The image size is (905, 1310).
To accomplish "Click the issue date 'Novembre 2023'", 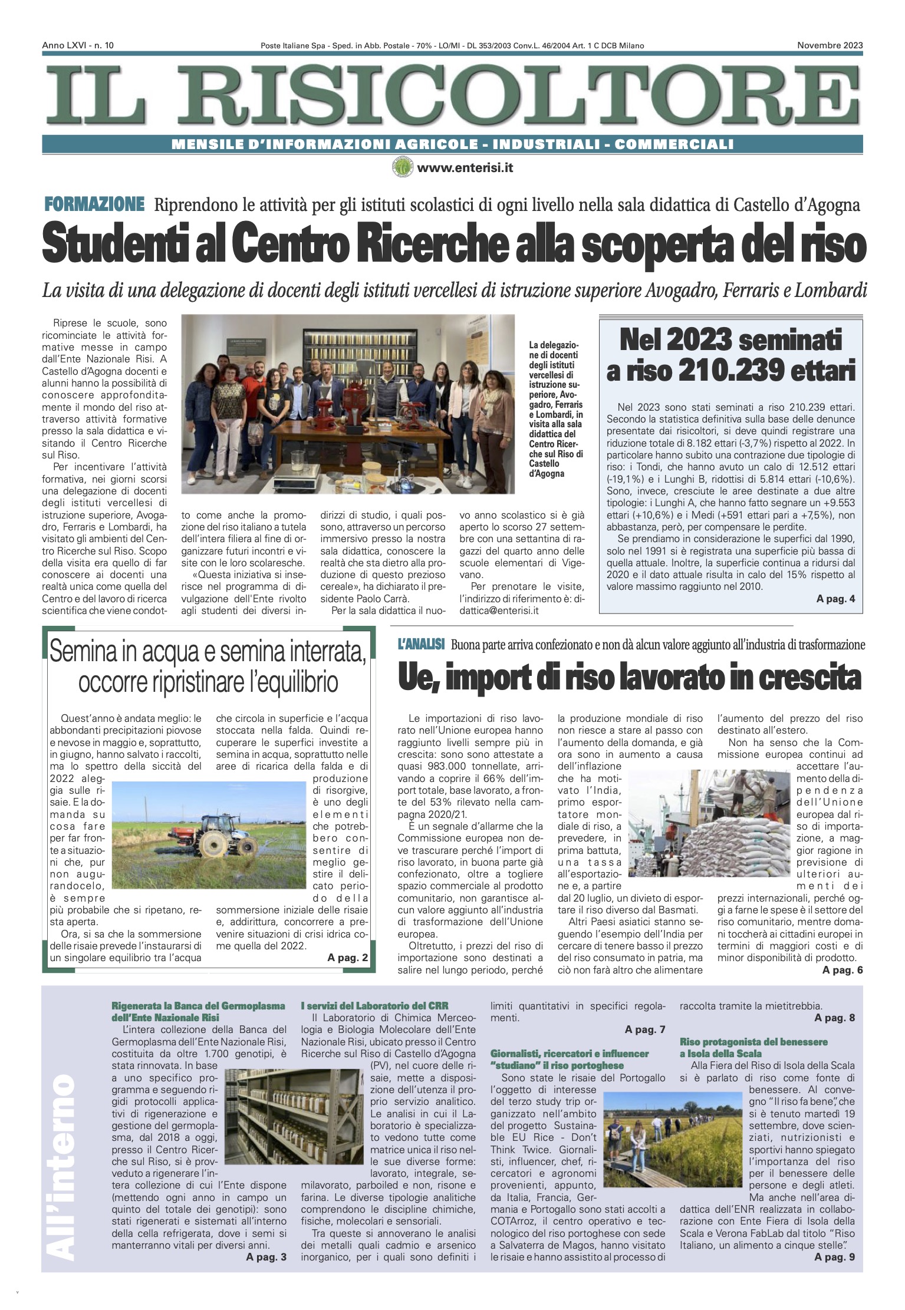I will [830, 45].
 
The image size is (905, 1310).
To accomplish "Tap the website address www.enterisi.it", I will [465, 168].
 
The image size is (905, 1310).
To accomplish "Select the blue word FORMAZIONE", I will [94, 204].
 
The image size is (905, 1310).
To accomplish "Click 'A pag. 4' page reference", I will [835, 599].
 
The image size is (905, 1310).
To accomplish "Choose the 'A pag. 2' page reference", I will [347, 958].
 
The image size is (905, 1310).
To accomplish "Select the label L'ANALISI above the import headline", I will [421, 644].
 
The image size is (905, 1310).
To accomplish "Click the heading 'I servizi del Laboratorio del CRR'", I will [374, 1005].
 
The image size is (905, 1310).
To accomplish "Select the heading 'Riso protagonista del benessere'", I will [753, 1042].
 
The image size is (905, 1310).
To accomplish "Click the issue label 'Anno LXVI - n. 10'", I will [78, 45].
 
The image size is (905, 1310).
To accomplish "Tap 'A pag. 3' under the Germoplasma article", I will [266, 1257].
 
